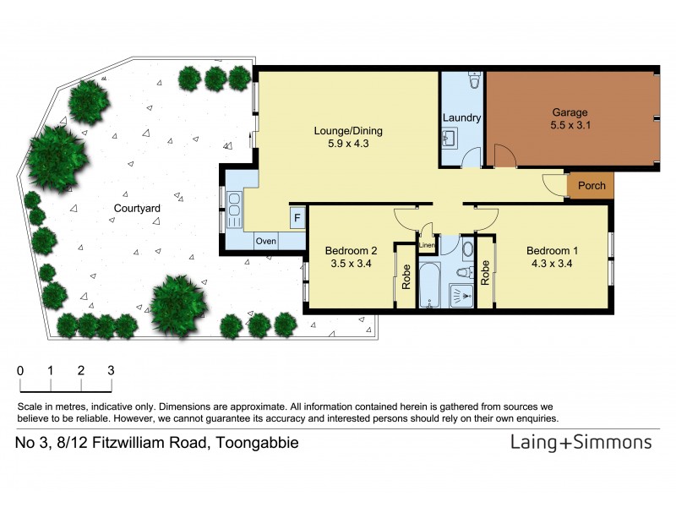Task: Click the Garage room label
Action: [x=570, y=112]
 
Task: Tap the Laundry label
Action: [x=461, y=118]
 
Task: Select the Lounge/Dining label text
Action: [x=348, y=130]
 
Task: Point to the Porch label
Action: [x=591, y=186]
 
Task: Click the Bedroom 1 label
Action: [x=553, y=250]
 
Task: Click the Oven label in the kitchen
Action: [x=266, y=241]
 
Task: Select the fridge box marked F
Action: [x=297, y=218]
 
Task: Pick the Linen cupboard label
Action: [x=427, y=246]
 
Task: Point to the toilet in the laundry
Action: [x=473, y=81]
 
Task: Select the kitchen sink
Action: [x=234, y=205]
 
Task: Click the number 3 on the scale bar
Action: [x=111, y=370]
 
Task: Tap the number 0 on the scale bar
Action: [x=20, y=370]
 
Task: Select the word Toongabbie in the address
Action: [x=257, y=443]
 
